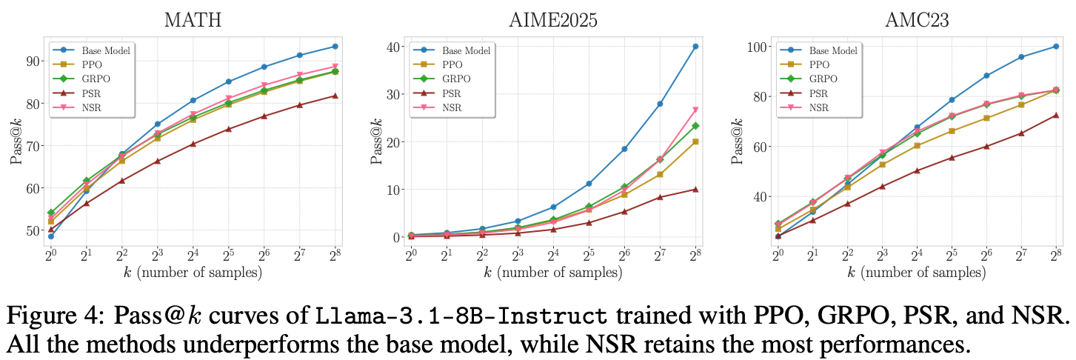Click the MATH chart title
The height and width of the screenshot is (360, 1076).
point(193,20)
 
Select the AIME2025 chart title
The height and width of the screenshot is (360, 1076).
point(553,20)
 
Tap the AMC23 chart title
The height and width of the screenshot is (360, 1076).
point(917,20)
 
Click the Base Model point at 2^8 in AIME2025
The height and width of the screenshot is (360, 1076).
point(695,47)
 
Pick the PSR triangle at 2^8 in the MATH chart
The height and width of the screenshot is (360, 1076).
point(335,96)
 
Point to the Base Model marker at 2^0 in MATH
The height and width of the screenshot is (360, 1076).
point(51,236)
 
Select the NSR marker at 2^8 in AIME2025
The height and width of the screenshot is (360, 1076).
point(695,110)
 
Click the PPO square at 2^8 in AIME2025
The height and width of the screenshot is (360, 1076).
point(695,141)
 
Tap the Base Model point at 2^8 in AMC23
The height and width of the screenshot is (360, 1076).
point(1056,47)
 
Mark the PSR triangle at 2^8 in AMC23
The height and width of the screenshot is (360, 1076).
point(1056,116)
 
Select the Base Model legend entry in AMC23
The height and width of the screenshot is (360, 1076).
point(818,50)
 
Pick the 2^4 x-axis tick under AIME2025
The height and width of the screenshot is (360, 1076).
point(553,255)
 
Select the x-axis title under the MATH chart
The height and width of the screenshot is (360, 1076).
point(193,273)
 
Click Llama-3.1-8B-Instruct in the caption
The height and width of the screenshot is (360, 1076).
point(461,316)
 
